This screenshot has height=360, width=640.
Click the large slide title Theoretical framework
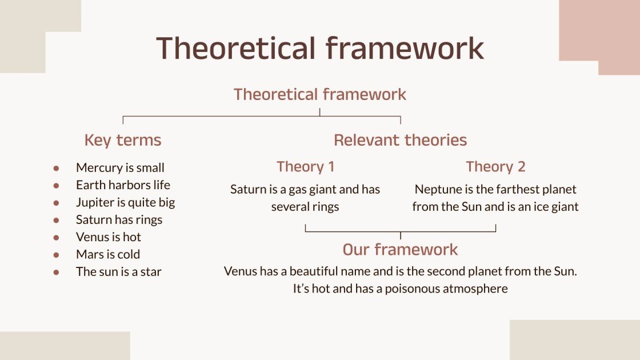(320, 48)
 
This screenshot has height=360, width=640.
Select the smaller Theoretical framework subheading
(320, 94)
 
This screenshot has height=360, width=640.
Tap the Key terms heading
(123, 141)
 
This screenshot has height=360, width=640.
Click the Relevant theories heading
(400, 141)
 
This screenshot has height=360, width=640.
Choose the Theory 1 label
(305, 167)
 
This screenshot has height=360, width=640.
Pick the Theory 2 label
(495, 167)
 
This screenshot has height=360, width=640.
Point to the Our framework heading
(400, 250)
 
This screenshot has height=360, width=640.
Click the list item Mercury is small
(120, 168)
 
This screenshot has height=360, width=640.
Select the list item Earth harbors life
(123, 185)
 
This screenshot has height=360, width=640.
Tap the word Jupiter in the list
(94, 203)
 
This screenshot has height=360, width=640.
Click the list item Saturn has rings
(119, 220)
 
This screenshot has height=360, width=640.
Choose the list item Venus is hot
(108, 237)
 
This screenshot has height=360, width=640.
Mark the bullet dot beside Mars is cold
(56, 255)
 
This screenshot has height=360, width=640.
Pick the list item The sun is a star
(118, 272)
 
